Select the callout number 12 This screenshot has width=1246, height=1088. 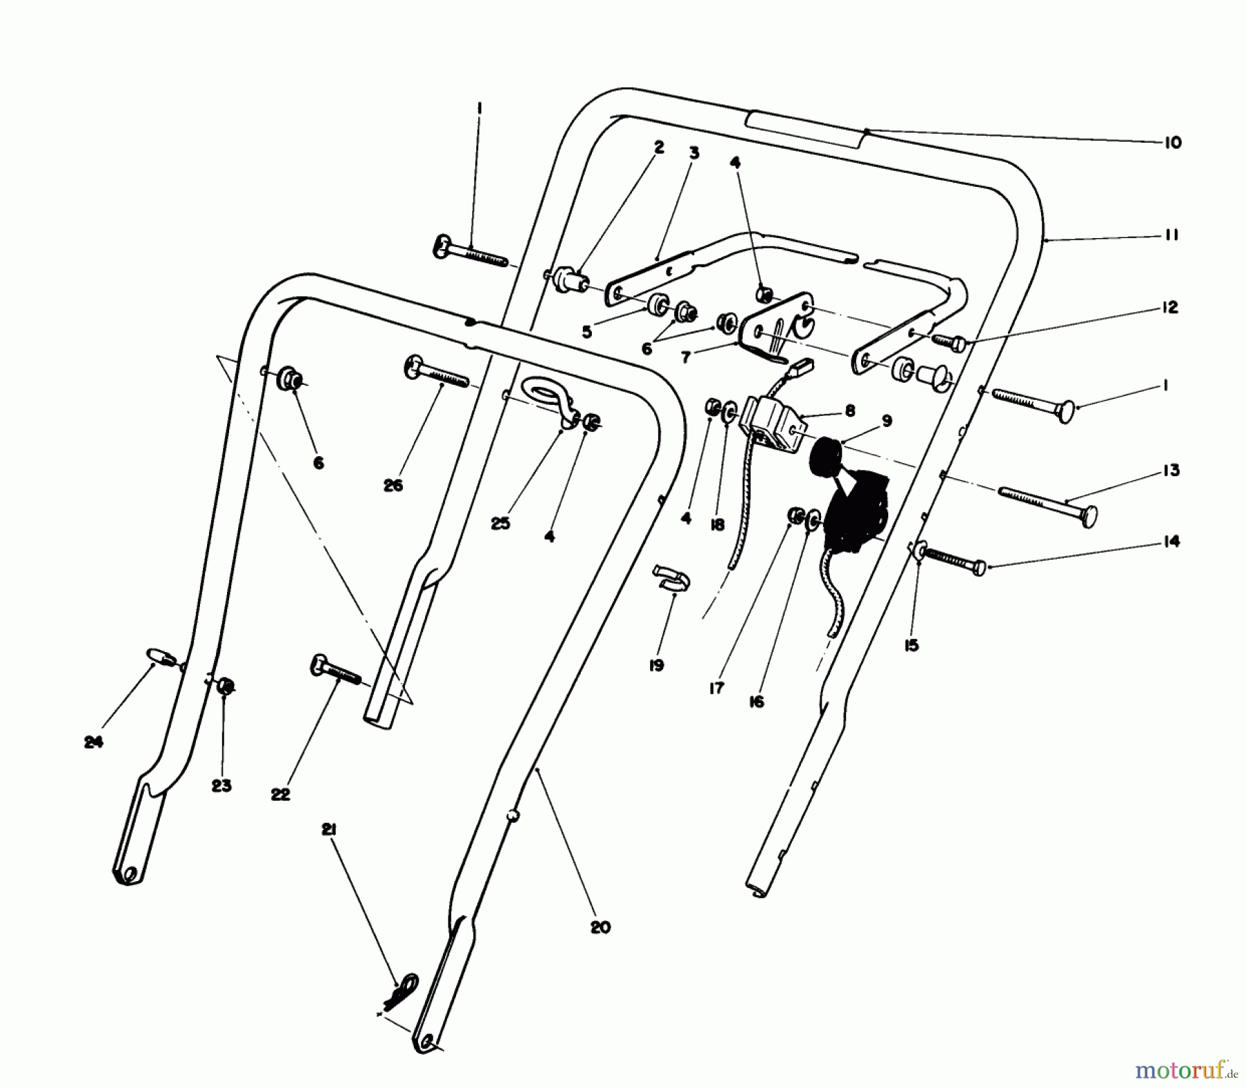coord(1169,307)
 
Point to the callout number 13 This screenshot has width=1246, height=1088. coord(1171,471)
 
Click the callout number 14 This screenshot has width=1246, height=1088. coord(1171,541)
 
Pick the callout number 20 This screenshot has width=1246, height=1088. coord(600,927)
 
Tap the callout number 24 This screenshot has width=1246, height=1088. coord(93,743)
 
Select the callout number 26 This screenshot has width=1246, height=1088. coord(392,486)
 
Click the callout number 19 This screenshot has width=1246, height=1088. coord(656,666)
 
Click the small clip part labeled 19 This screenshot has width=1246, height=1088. coord(669,579)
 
